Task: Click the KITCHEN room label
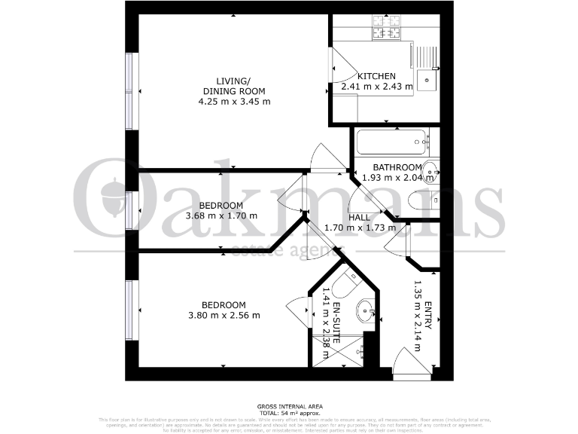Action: point(376,76)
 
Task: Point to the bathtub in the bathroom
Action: point(391,141)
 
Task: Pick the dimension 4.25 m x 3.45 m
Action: point(233,102)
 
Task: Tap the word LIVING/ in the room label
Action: point(233,81)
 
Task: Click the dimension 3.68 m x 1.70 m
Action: point(221,215)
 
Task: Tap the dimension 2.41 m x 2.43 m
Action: point(377,87)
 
